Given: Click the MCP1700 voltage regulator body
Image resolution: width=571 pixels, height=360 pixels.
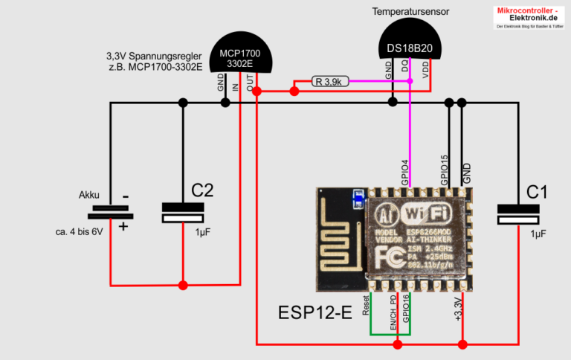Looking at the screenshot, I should pyautogui.click(x=240, y=56).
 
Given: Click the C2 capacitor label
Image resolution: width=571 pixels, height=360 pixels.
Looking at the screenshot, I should pyautogui.click(x=201, y=191).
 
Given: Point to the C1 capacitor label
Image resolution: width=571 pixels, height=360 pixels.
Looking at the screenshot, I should pyautogui.click(x=536, y=192).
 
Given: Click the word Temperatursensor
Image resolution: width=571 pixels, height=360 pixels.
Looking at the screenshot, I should pyautogui.click(x=415, y=11).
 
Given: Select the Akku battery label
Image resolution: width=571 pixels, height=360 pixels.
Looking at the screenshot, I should pyautogui.click(x=89, y=195).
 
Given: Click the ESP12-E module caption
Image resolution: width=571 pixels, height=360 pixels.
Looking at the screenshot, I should pyautogui.click(x=314, y=312).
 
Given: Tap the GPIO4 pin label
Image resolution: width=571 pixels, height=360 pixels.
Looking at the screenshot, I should pyautogui.click(x=405, y=172).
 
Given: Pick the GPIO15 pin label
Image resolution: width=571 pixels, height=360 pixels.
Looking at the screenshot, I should pyautogui.click(x=444, y=170).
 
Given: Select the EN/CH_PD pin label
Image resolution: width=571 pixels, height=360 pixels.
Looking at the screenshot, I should pyautogui.click(x=393, y=312).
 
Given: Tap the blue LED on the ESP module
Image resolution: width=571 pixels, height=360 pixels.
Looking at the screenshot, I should pyautogui.click(x=359, y=198).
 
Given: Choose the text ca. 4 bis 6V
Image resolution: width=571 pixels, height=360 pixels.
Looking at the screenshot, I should pyautogui.click(x=78, y=231).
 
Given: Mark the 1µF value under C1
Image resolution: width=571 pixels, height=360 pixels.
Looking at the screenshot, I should pyautogui.click(x=537, y=233).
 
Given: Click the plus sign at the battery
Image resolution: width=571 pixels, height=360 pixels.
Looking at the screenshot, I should pyautogui.click(x=123, y=225).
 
